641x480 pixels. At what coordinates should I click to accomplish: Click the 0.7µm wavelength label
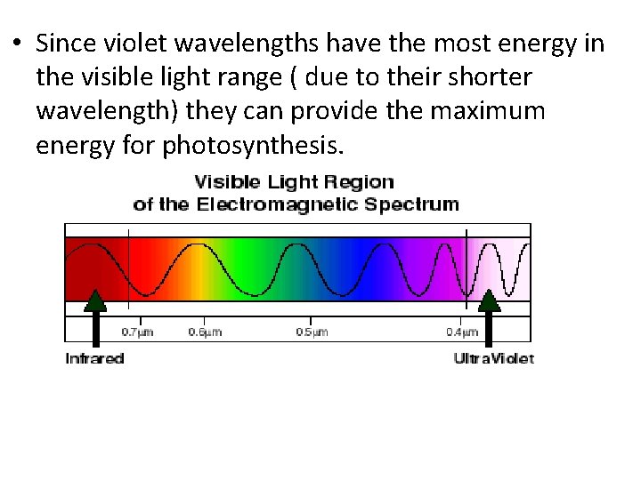point(138,332)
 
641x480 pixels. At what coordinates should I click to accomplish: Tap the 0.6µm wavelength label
point(205,332)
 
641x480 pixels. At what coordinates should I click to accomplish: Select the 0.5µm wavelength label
point(312,332)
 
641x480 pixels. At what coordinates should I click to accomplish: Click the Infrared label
point(94,359)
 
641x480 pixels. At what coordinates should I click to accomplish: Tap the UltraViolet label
point(493,359)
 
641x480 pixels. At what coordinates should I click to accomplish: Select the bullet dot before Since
point(17,44)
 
